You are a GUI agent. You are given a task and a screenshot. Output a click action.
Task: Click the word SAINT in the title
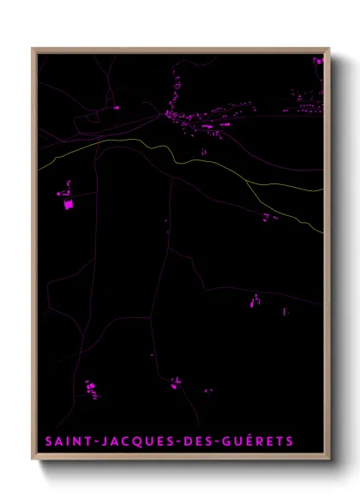pos(68,441)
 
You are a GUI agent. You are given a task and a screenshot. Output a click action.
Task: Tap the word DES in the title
pos(194,441)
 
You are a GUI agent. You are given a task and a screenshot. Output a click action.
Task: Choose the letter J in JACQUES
pos(104,441)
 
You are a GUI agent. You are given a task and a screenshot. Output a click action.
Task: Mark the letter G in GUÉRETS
pos(221,441)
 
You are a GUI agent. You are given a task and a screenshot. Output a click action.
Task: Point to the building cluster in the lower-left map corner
pos(91,389)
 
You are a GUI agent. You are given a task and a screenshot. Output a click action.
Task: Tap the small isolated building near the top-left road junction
pos(116,108)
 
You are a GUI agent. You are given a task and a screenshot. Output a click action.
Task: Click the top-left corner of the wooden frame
pos(33,49)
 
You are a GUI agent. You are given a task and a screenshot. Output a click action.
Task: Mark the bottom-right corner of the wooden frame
pos(329,460)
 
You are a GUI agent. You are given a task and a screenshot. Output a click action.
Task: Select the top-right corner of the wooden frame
pos(329,49)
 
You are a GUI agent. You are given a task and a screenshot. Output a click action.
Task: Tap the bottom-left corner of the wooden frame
pos(33,460)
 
